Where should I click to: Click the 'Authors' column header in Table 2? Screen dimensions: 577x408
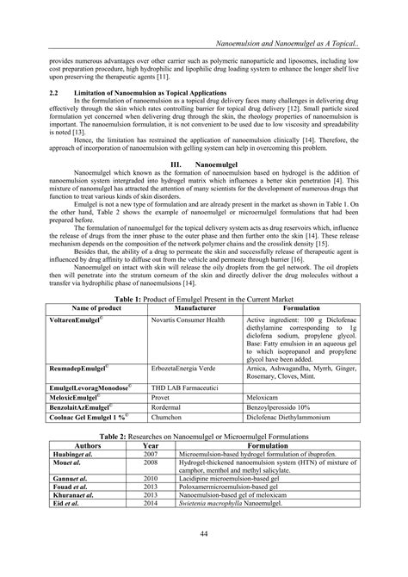tap(82, 444)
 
